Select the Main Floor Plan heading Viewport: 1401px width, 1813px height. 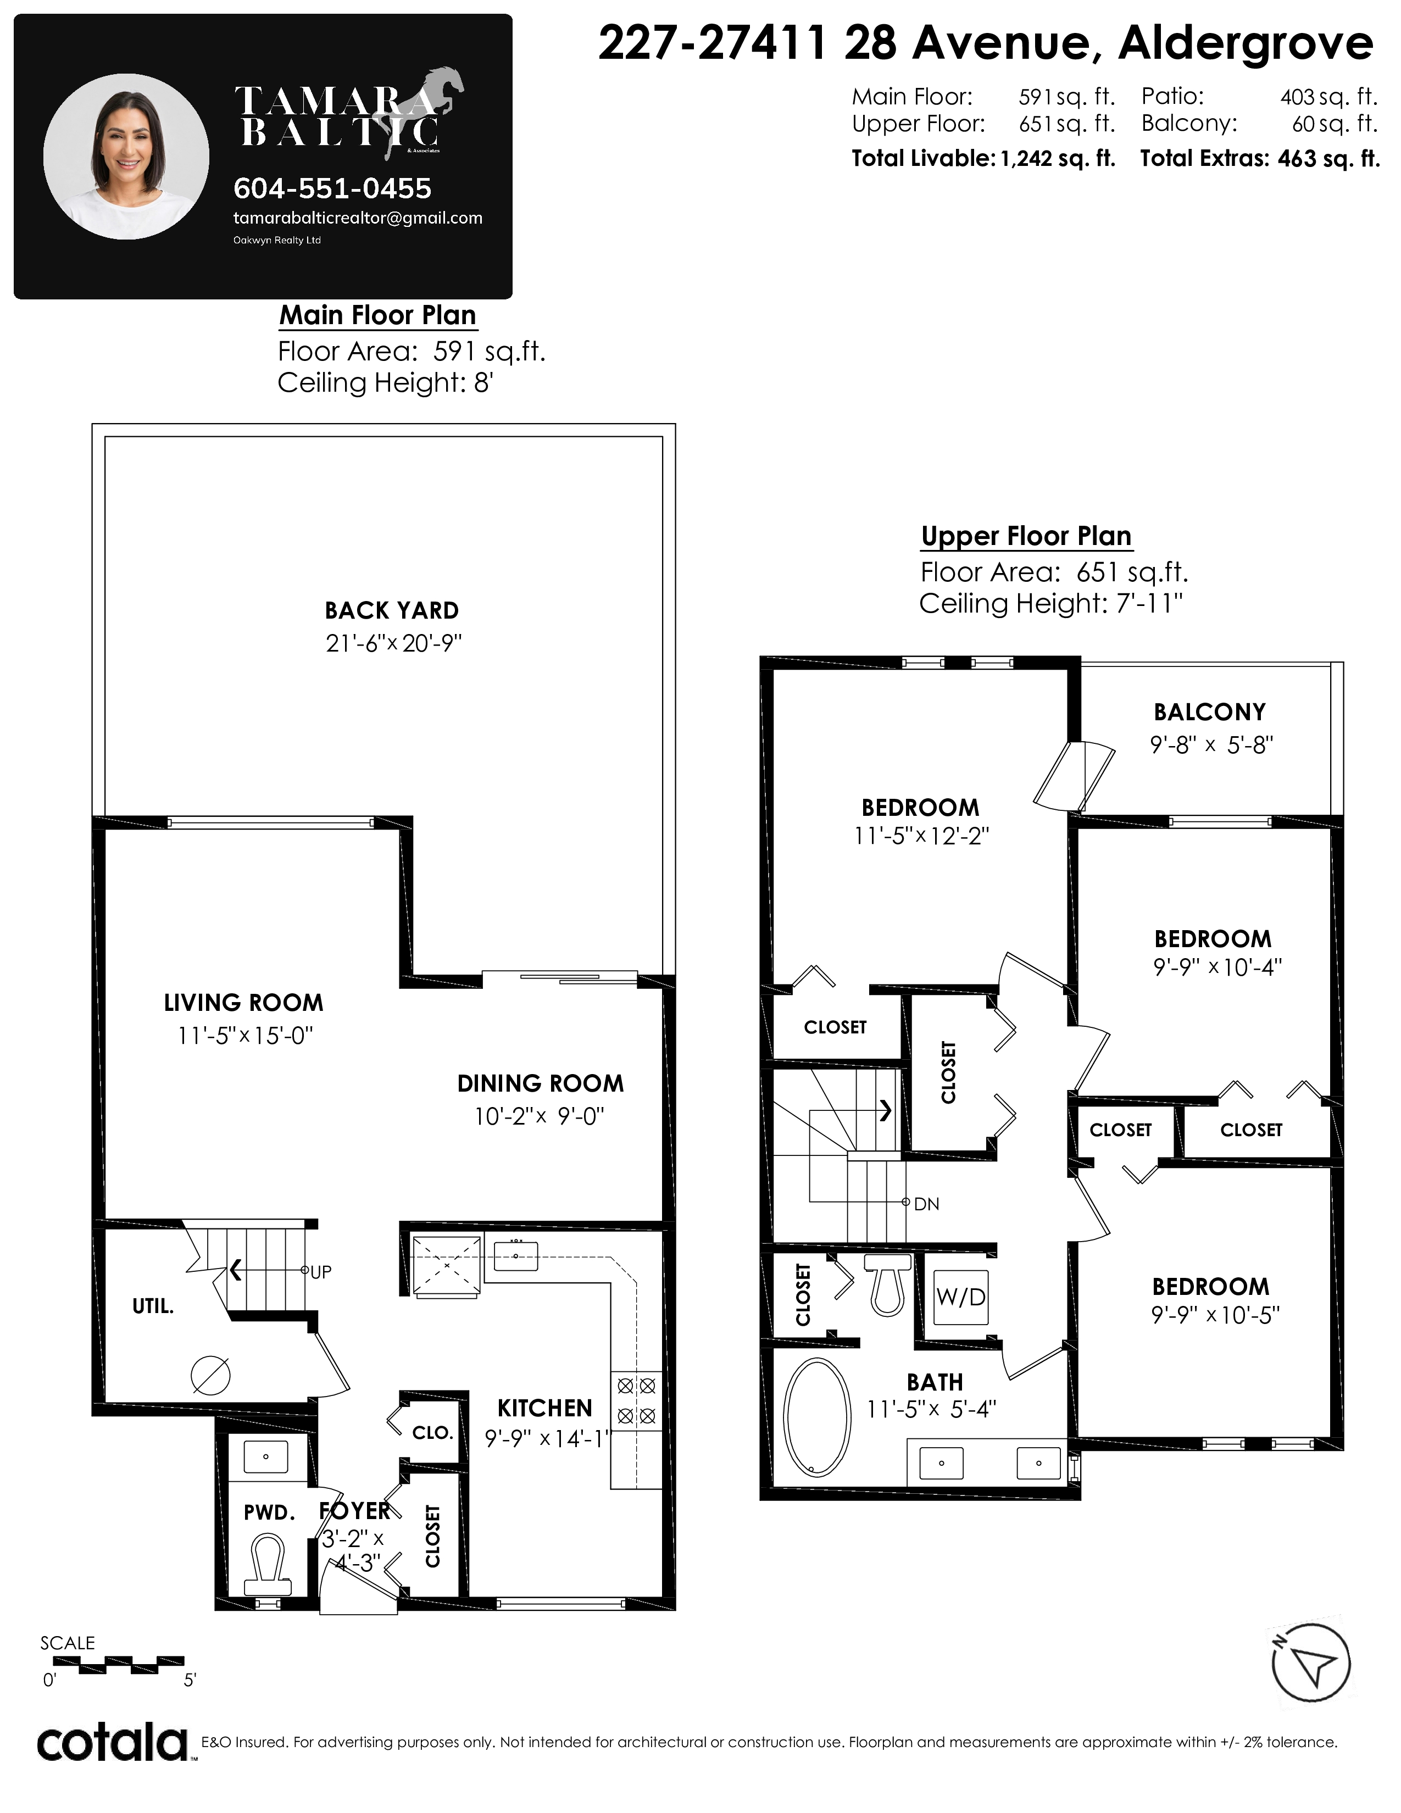click(377, 315)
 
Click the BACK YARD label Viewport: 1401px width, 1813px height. click(392, 610)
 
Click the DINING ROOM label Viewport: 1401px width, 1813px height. click(540, 1083)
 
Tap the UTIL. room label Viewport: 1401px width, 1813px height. click(153, 1306)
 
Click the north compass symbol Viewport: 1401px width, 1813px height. click(1311, 1663)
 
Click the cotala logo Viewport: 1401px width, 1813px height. click(113, 1743)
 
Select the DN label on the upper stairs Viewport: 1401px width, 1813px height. click(926, 1204)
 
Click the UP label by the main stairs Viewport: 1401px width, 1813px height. click(320, 1272)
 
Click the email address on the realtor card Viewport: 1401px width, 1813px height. click(358, 218)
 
